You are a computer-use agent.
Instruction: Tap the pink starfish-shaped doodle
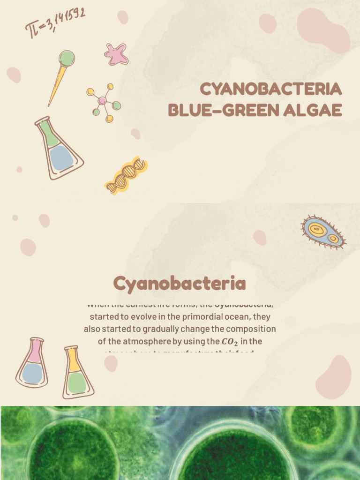click(116, 54)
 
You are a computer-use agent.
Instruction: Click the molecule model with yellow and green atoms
click(104, 102)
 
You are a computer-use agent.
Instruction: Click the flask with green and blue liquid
click(59, 148)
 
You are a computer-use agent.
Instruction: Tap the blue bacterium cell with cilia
click(323, 232)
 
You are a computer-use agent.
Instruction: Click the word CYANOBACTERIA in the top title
click(270, 89)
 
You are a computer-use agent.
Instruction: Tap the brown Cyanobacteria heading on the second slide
click(180, 283)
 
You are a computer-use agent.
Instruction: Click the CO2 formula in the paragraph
click(231, 342)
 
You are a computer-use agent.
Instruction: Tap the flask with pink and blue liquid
click(32, 363)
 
